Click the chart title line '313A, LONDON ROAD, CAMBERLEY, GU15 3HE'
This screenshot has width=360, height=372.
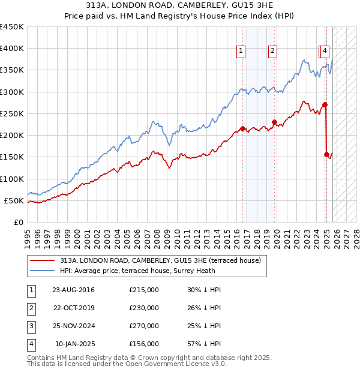pos(179,5)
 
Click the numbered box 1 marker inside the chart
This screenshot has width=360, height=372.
pos(241,51)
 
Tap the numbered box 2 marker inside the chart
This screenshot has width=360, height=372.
pos(272,51)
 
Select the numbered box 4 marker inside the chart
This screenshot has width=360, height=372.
pos(325,51)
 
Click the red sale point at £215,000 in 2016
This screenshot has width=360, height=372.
pos(242,128)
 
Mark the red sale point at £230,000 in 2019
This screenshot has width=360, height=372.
pos(274,122)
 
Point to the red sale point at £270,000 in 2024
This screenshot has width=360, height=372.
pos(325,105)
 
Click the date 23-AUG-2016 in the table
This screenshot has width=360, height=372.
pos(73,290)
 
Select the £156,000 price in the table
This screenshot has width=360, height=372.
pos(144,344)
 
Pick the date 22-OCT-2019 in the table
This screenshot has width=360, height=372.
pos(73,308)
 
